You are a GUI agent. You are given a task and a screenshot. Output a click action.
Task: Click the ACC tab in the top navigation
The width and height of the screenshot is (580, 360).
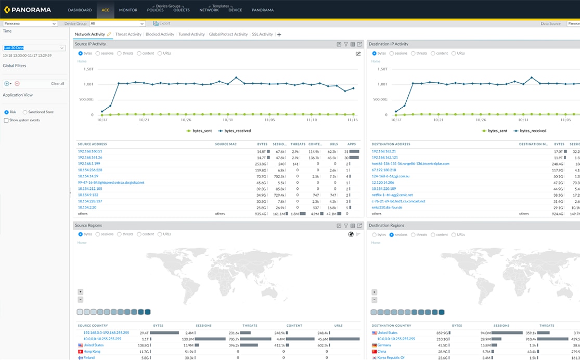106,10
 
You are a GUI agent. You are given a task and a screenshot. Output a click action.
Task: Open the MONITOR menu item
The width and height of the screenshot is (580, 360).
128,10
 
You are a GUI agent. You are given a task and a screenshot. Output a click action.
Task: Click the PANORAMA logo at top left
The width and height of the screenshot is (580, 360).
29,10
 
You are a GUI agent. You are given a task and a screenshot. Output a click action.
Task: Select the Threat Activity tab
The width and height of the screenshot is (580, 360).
128,34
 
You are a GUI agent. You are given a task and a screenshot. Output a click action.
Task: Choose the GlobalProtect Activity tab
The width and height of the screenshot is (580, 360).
228,34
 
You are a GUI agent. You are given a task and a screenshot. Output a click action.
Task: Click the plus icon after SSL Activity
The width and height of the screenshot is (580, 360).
279,35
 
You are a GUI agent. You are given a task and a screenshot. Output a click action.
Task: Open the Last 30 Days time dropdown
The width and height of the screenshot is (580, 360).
34,48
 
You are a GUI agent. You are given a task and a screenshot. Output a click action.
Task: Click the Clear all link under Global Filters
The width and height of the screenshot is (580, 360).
57,83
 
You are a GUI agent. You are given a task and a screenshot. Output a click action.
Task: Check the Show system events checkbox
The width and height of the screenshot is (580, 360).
6,120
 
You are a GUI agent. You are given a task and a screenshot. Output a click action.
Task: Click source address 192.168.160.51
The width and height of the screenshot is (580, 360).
90,151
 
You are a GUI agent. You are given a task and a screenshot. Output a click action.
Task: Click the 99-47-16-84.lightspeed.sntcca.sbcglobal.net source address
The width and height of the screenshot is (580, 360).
111,183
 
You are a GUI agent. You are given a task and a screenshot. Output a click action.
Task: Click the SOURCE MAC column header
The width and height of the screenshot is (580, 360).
226,144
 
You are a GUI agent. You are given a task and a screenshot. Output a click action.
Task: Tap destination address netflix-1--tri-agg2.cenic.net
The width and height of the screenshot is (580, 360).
392,195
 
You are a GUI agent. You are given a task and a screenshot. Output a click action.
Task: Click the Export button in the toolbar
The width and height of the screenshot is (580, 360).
162,23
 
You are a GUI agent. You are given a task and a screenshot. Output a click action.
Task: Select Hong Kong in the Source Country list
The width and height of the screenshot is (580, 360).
92,352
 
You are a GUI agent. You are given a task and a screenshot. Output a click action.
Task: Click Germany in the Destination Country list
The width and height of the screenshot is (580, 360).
384,345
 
